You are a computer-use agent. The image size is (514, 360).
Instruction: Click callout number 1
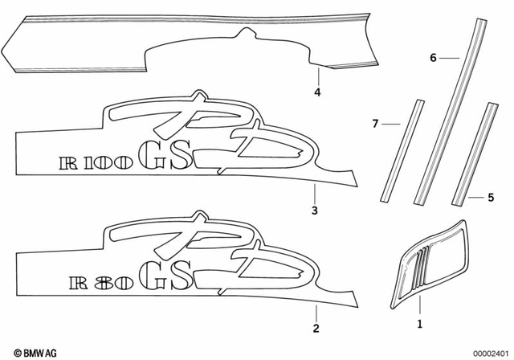pyautogui.click(x=418, y=325)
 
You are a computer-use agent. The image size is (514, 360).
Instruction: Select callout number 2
pyautogui.click(x=316, y=328)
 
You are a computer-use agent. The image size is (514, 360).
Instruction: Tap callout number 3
pyautogui.click(x=315, y=211)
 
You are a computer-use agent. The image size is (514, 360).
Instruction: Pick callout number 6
pyautogui.click(x=433, y=58)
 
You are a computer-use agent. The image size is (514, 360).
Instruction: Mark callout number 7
pyautogui.click(x=374, y=124)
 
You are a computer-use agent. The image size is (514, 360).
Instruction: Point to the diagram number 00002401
pyautogui.click(x=487, y=352)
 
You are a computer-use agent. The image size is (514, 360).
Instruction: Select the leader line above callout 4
pyautogui.click(x=317, y=76)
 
